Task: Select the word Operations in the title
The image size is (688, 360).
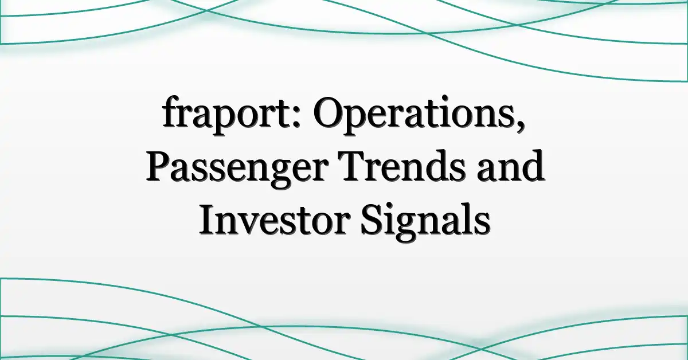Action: point(416,114)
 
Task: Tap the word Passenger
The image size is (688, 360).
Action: point(236,169)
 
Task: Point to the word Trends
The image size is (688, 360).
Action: point(401,166)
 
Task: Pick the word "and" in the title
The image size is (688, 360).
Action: point(510,166)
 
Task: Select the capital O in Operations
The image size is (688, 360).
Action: point(329,112)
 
